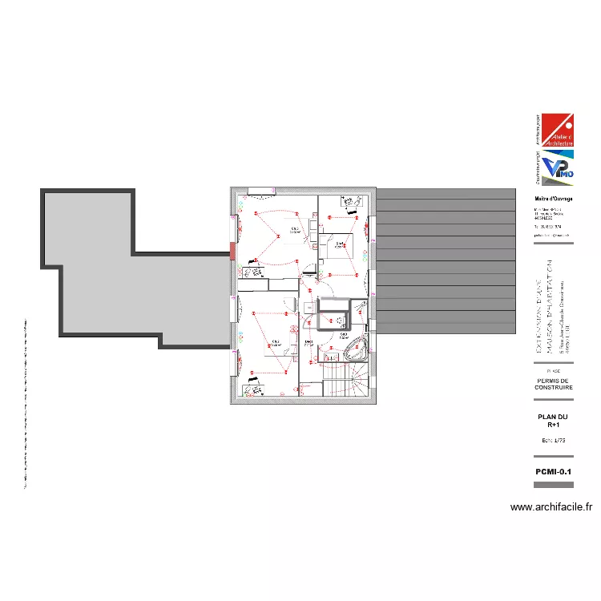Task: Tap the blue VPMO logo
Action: [555, 169]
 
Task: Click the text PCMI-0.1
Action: [553, 472]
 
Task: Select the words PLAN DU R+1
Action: [553, 421]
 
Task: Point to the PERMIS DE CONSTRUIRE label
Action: [553, 384]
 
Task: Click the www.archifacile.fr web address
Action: [551, 507]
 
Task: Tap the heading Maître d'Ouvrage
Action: [554, 200]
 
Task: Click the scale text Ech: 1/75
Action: [553, 442]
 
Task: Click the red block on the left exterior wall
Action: [233, 251]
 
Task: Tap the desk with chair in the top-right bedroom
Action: [348, 204]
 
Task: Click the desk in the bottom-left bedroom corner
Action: [255, 390]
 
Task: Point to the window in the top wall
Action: [260, 190]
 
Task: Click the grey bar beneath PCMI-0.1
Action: [553, 485]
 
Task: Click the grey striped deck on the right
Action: [446, 264]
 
